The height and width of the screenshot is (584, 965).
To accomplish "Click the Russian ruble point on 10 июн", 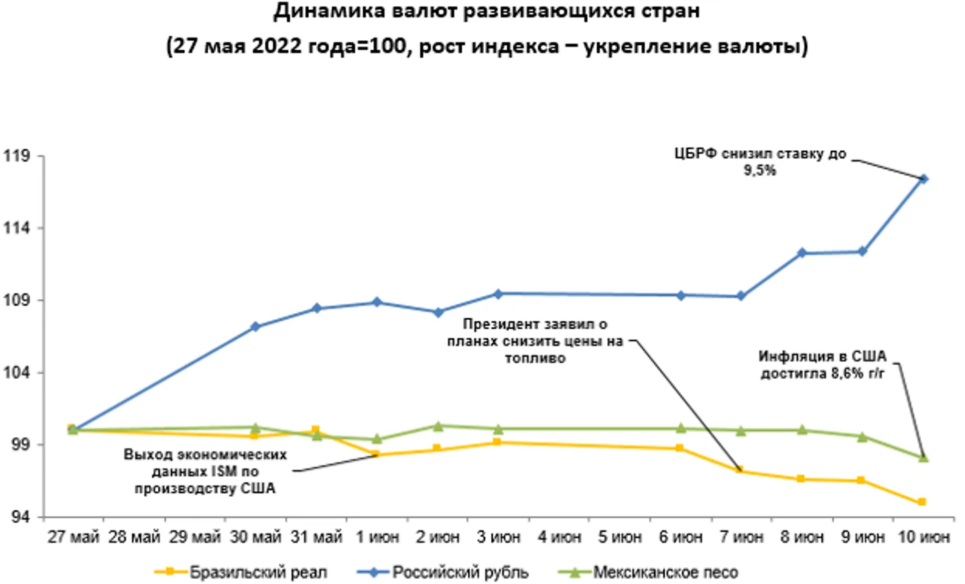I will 923,179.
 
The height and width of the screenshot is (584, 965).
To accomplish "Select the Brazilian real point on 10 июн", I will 922,502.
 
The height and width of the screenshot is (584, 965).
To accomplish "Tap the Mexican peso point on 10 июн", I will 923,458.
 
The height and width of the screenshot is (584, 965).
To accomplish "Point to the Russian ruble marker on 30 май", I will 255,327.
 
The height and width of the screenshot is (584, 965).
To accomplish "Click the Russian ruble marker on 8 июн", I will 801,253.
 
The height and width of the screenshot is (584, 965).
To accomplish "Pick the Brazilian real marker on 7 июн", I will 740,471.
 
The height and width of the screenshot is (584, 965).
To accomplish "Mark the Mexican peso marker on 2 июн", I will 438,426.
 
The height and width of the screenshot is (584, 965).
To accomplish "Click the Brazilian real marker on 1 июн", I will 377,455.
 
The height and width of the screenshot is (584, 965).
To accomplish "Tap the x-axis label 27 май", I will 73,537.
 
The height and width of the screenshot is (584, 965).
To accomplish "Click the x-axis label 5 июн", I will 620,537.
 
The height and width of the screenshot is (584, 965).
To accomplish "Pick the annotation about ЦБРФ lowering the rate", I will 760,162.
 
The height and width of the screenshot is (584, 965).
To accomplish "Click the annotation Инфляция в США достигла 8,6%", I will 822,365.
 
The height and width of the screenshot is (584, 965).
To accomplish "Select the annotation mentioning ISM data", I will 205,471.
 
